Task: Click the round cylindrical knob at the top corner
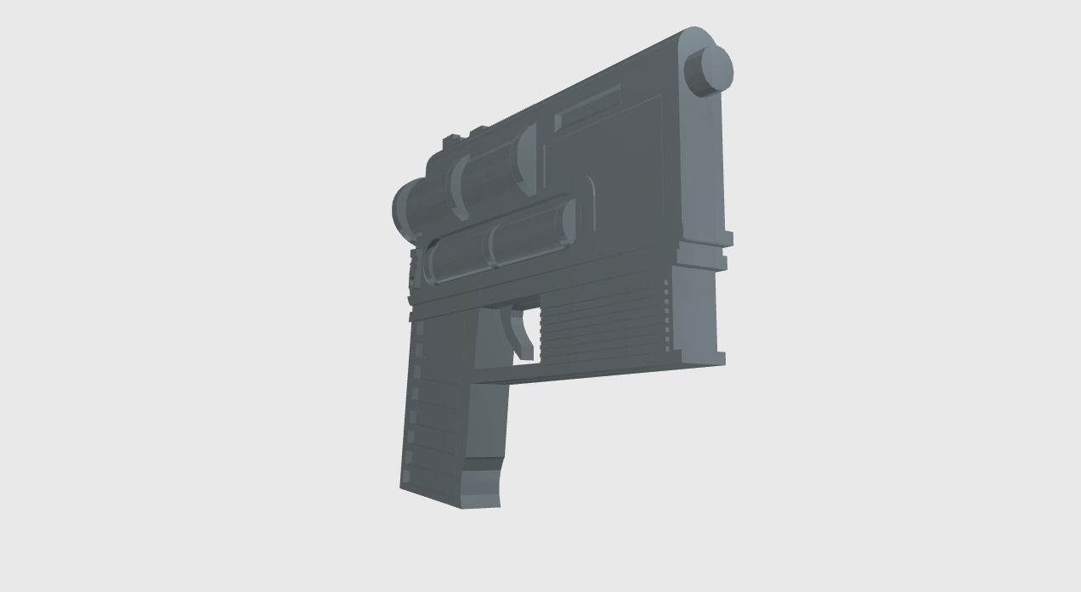pos(709,68)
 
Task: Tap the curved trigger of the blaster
pos(519,332)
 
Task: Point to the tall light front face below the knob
pos(703,161)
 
